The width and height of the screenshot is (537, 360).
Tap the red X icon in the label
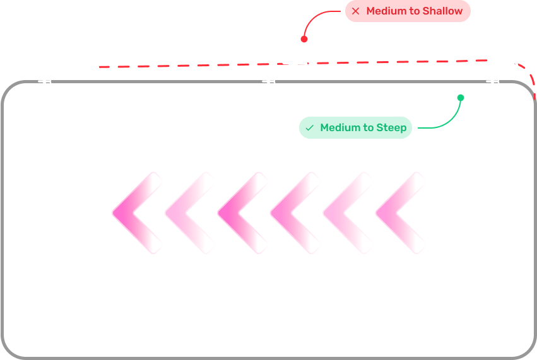click(356, 11)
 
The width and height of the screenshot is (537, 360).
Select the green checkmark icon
click(309, 128)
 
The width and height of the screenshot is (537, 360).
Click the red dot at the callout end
click(304, 39)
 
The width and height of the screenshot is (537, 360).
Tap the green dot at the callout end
click(461, 98)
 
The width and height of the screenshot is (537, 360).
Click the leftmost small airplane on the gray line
click(45, 81)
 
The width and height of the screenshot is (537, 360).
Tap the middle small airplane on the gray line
click(269, 81)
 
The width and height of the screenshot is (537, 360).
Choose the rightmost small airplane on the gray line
click(493, 81)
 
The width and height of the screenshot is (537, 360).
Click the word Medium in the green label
click(341, 128)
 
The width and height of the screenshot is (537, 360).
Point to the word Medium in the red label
click(386, 11)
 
